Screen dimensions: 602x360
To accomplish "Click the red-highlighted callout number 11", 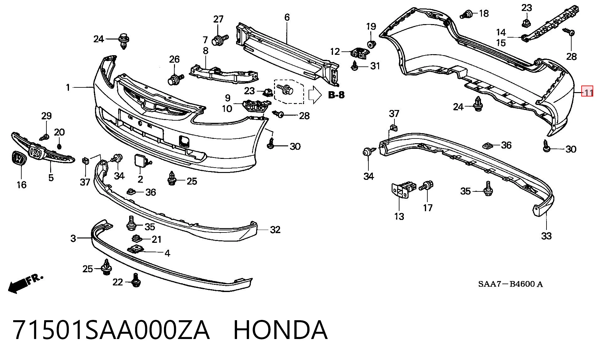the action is click(587, 92).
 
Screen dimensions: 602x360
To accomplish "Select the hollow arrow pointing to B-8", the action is click(315, 95).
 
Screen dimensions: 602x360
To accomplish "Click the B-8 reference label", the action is click(336, 95).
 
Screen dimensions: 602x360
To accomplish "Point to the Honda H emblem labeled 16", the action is click(18, 159).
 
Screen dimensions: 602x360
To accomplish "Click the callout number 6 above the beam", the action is click(287, 17).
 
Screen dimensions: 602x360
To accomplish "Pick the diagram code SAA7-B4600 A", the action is click(510, 284).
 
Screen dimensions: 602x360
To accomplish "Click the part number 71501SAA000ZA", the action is click(111, 330).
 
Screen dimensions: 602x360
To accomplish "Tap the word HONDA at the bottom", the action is click(280, 330).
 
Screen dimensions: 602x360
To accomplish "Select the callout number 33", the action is click(546, 236).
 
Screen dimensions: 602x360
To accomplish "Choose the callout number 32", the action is click(275, 230).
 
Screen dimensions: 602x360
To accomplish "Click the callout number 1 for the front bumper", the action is click(68, 87).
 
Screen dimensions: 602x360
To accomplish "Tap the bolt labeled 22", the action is click(136, 280).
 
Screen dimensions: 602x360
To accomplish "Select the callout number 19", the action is click(371, 26).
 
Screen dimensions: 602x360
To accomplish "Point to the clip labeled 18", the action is click(467, 14).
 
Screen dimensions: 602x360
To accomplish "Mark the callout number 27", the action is click(218, 19).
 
